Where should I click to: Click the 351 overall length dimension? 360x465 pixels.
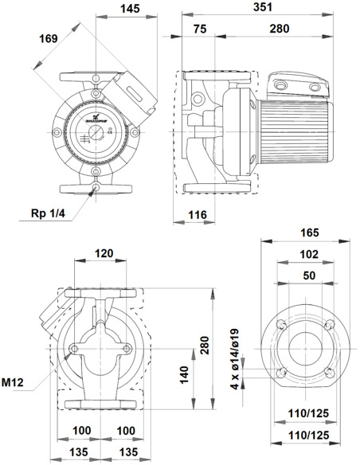coord(256,7)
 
